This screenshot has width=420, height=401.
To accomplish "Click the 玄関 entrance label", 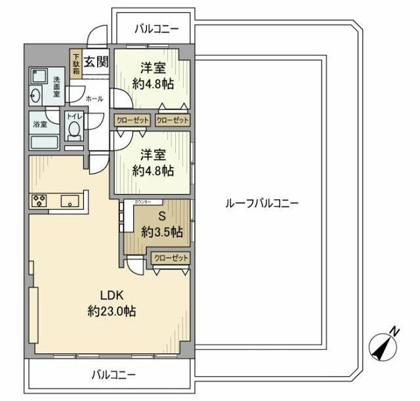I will point(96,62).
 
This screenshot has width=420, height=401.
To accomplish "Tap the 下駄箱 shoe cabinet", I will point(76,65).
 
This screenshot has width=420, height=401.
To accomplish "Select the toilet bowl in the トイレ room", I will point(74,130).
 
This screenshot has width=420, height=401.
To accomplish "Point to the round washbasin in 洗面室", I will point(35,97).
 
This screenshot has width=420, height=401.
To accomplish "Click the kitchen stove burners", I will point(37,200).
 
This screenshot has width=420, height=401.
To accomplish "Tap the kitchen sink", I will point(70,201).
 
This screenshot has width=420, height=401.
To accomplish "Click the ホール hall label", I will point(94,99).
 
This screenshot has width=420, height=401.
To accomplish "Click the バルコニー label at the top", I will point(156,28).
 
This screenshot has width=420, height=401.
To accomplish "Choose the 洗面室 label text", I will point(56,86).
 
